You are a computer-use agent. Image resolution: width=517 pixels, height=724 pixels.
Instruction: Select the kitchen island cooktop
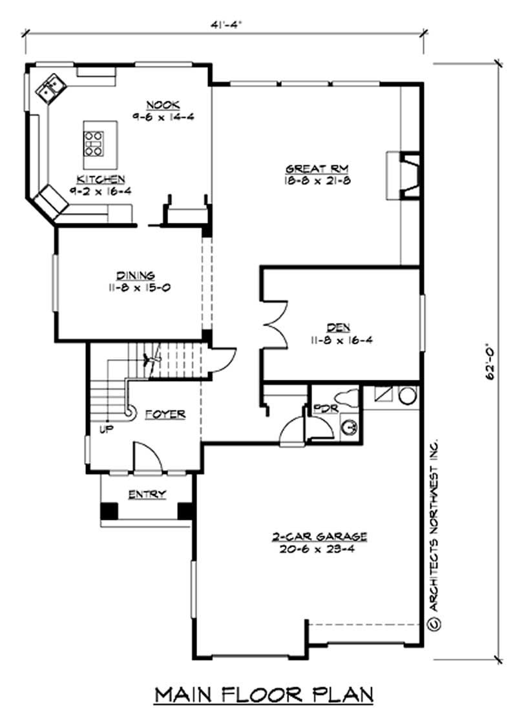click(93, 143)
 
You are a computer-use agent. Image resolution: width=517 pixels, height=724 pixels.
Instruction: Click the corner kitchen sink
click(50, 88)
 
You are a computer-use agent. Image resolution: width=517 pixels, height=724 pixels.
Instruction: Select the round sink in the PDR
click(349, 427)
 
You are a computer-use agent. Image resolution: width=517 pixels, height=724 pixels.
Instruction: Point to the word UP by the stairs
click(103, 428)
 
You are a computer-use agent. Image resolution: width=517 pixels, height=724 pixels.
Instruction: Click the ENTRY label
click(147, 495)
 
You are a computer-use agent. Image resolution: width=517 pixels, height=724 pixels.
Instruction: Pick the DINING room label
click(135, 275)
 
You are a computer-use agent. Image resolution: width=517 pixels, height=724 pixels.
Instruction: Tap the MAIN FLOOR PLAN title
click(264, 694)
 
